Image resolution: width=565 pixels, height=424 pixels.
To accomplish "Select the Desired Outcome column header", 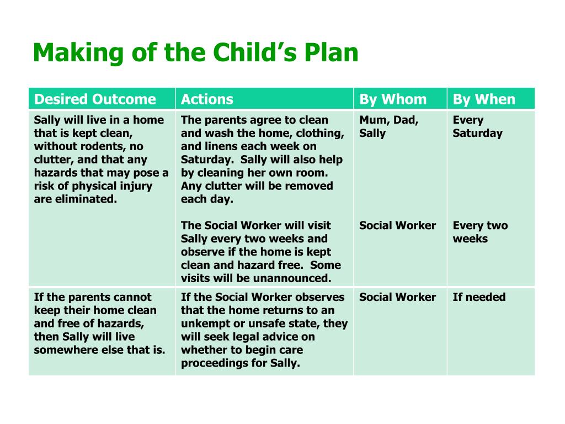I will (95, 99).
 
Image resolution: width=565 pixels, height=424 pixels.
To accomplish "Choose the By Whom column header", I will (393, 99).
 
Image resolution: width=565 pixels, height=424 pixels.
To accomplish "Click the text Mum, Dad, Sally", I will (388, 126).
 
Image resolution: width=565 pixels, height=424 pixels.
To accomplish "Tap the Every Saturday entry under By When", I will (477, 126).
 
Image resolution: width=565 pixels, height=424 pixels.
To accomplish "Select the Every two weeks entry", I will (480, 232).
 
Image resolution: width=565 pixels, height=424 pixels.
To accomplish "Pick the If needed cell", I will (479, 297).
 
